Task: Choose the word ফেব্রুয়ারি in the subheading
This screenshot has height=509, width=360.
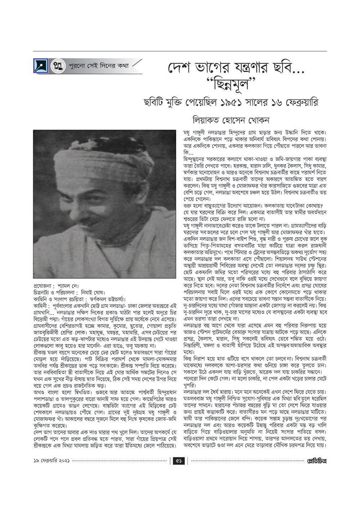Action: point(298,102)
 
